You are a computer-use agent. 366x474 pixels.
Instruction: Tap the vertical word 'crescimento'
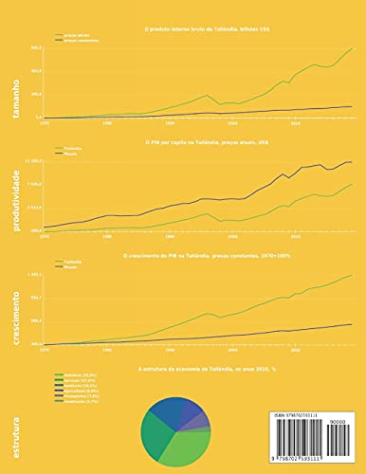point(16,314)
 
